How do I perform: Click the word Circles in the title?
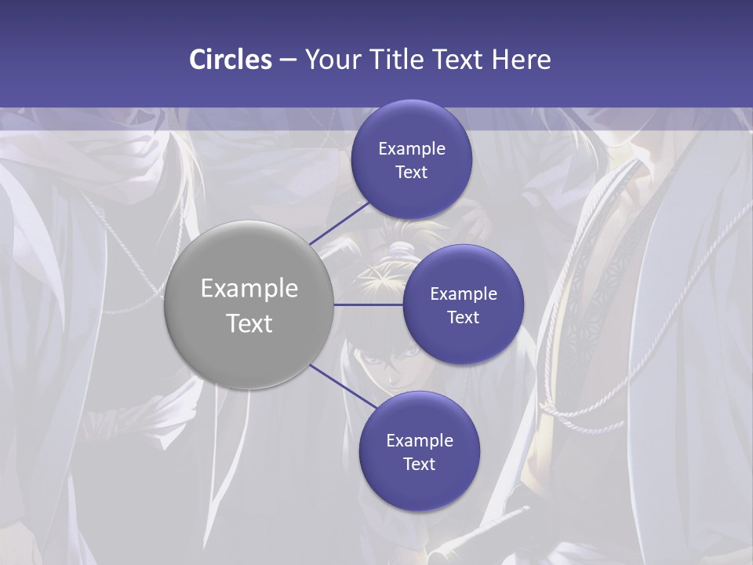[230, 60]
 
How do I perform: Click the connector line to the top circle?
[339, 223]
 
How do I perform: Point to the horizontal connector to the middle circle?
[369, 304]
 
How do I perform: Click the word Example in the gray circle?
[249, 289]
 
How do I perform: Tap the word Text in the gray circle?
[249, 323]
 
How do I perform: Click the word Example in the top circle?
[411, 149]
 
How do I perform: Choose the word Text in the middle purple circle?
[463, 318]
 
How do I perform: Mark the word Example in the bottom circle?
[419, 441]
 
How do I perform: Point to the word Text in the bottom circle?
[419, 465]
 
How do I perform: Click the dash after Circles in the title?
[287, 60]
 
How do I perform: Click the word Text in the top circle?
[411, 173]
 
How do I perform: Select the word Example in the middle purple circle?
[463, 294]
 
